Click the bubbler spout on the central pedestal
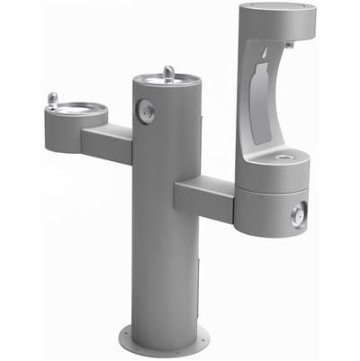166,71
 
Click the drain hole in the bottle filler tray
286,158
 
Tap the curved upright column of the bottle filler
253,99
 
